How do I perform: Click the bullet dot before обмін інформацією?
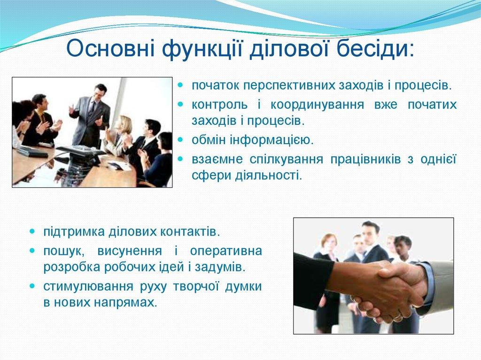[181, 140]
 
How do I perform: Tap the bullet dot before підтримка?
[32, 232]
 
